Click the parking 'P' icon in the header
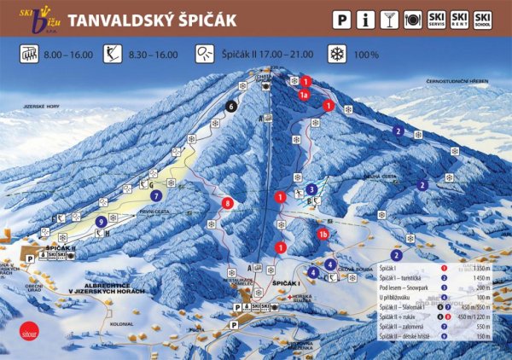tap(341, 18)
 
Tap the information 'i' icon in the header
tap(366, 18)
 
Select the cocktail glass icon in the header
tap(390, 18)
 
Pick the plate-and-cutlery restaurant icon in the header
tap(414, 18)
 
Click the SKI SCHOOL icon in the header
tap(484, 18)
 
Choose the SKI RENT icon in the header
tap(460, 18)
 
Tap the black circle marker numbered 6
tap(231, 107)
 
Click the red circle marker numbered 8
tap(226, 203)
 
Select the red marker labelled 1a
tap(303, 96)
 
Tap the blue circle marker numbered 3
tap(312, 189)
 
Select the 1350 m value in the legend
tap(482, 268)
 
